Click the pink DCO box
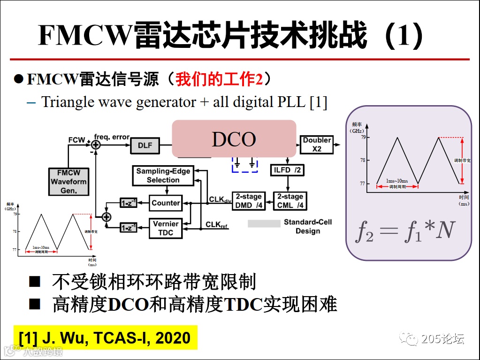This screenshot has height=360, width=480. [x=234, y=138]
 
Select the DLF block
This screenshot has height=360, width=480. [x=145, y=146]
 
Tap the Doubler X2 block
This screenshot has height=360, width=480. [x=317, y=145]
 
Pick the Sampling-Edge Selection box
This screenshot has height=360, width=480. [x=163, y=175]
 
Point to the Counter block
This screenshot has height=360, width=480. [x=166, y=203]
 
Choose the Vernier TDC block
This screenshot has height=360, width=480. [x=166, y=228]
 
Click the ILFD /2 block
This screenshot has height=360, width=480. [x=286, y=170]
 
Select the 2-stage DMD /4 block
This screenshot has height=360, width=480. [x=249, y=201]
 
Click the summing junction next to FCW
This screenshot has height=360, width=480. [x=96, y=145]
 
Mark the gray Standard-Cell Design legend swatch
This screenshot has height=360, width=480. [x=264, y=223]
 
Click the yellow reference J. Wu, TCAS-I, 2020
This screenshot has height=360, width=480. [x=105, y=337]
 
